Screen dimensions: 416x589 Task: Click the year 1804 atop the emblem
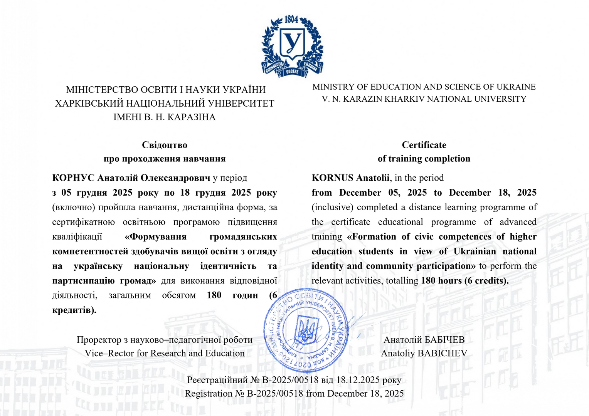coord(292,19)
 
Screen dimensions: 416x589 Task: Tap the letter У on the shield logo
coord(292,42)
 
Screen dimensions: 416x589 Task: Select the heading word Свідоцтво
coord(165,145)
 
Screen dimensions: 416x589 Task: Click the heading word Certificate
coord(424,145)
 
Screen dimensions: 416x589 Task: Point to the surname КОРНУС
coord(73,178)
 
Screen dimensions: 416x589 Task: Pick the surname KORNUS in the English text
coord(332,178)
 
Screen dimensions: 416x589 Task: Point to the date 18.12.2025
coord(358,380)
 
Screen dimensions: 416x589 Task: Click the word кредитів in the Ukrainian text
coord(72,310)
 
